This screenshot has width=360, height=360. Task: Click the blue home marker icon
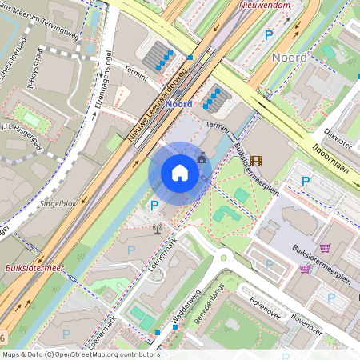(180, 173)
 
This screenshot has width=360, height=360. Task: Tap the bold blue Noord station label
(178, 104)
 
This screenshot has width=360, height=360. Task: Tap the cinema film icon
(255, 161)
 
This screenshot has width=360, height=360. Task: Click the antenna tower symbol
(158, 230)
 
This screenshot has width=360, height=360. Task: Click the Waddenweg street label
(185, 308)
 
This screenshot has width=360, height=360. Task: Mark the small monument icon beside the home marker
(201, 158)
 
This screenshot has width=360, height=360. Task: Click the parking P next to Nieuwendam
(269, 34)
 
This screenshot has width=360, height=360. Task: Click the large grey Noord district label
(289, 58)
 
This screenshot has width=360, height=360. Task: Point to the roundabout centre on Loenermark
(222, 258)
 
